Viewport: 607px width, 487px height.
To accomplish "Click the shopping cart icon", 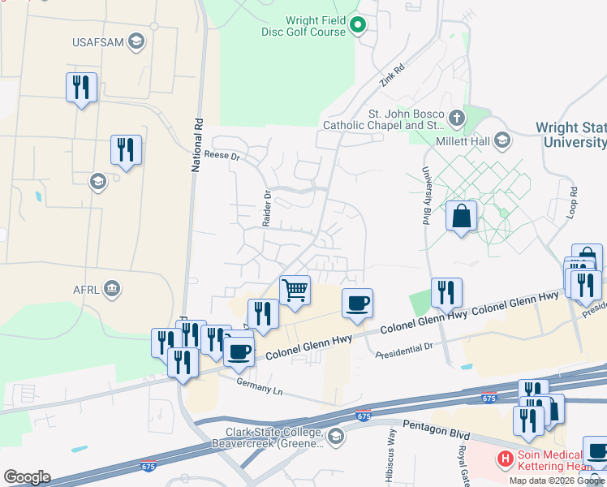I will click(295, 289).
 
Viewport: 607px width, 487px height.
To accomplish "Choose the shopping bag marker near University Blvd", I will click(461, 216).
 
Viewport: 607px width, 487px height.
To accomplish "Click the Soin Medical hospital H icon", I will click(506, 459).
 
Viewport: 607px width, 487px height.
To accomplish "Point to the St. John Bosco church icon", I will click(456, 119).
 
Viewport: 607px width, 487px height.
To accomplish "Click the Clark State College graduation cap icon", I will click(334, 439).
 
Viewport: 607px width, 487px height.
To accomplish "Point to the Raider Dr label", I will click(265, 208).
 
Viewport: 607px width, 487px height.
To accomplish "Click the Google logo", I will click(27, 477).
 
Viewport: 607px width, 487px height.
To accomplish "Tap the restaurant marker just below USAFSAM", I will click(81, 86).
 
